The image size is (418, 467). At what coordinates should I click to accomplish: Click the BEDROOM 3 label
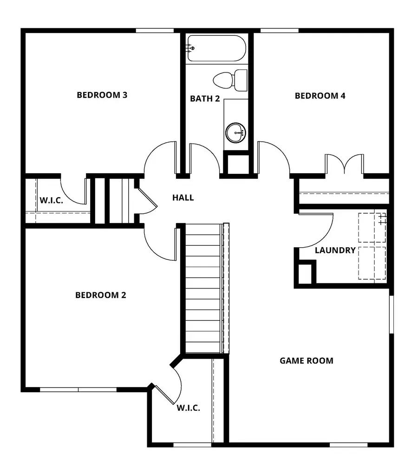pos(102,95)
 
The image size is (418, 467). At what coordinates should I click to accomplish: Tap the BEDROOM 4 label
pos(320,96)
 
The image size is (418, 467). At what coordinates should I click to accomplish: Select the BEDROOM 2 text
pos(101,295)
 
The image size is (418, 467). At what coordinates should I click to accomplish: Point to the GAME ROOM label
pos(306,360)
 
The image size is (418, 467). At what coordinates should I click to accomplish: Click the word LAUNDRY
pos(335,250)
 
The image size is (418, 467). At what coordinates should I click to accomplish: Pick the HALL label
pos(183,197)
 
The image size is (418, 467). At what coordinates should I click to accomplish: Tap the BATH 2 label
pos(205,99)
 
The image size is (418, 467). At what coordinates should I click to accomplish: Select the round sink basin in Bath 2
pos(235,132)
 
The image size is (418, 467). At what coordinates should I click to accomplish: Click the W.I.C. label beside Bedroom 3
pos(51,200)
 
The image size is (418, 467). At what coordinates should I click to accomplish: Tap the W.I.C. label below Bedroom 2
pos(188,408)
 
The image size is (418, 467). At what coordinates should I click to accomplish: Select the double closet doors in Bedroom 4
pos(344,164)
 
